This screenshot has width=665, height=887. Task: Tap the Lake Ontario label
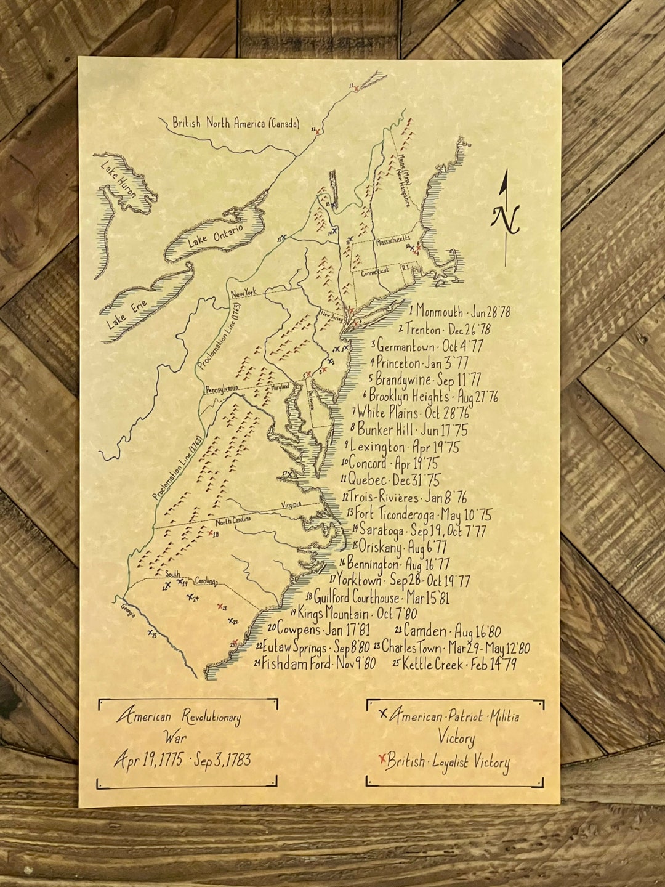(216, 236)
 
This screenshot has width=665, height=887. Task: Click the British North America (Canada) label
(236, 123)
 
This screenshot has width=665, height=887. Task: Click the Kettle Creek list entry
(454, 664)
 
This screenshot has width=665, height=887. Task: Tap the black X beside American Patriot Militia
(384, 714)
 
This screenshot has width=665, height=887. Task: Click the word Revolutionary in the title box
(211, 717)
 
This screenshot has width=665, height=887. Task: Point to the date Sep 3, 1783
(222, 760)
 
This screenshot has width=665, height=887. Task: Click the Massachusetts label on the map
(385, 238)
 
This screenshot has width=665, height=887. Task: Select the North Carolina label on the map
(233, 521)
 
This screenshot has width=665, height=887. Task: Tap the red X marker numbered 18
(211, 532)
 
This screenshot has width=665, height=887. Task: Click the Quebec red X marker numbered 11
(356, 89)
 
